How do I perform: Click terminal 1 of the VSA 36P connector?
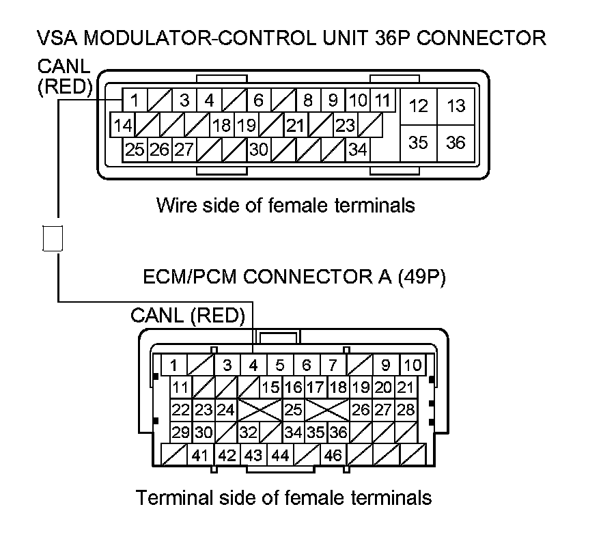click(x=135, y=101)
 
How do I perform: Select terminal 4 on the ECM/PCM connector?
click(x=253, y=365)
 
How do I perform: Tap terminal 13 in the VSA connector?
click(x=456, y=106)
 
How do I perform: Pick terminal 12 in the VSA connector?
click(x=419, y=106)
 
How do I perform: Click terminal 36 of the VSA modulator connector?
click(x=456, y=142)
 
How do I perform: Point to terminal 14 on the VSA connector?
click(x=123, y=126)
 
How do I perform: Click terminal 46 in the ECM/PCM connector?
click(x=333, y=454)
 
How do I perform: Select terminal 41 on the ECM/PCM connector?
click(x=200, y=454)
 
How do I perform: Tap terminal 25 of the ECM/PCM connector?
click(x=294, y=410)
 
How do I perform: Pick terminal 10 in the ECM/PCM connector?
click(x=412, y=365)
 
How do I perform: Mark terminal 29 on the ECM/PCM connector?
click(x=181, y=432)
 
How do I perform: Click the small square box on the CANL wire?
click(x=53, y=237)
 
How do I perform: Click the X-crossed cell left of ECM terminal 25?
click(x=260, y=410)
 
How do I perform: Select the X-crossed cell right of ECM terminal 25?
click(x=327, y=410)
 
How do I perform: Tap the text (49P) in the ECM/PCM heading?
click(x=416, y=279)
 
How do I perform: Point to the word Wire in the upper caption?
click(x=174, y=204)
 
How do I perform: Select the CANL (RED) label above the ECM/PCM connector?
click(x=187, y=315)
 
